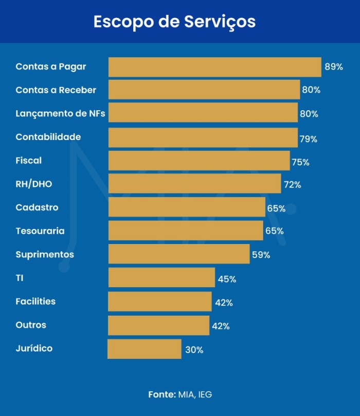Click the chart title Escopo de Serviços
[174, 22]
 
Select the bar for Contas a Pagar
[214, 67]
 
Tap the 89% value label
[333, 67]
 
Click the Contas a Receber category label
[56, 90]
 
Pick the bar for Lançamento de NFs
[203, 113]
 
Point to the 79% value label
[308, 139]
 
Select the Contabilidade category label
[48, 137]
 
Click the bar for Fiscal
[199, 161]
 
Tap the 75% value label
[300, 162]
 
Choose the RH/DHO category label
[34, 184]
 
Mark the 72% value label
[292, 185]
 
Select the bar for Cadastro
[187, 207]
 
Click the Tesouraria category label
[40, 231]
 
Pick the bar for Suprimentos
[179, 254]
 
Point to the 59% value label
[261, 255]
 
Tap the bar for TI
[161, 278]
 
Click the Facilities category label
[35, 301]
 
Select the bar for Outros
[158, 325]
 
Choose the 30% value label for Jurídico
[194, 350]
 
